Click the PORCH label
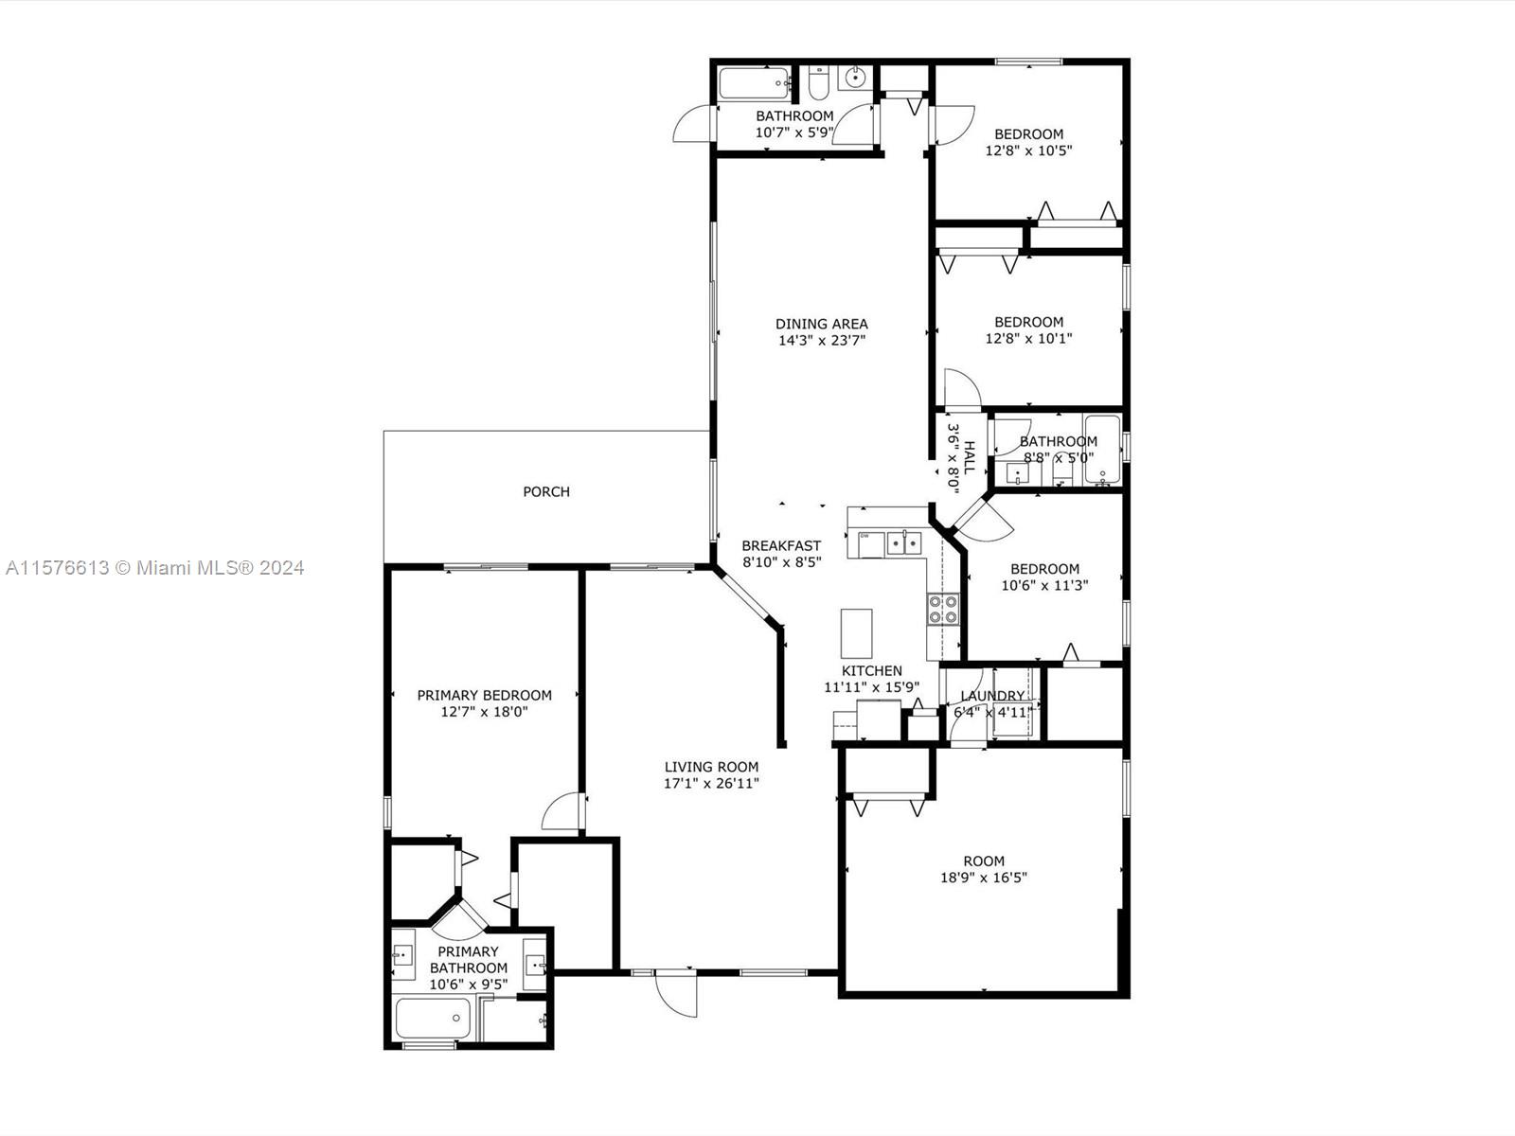(546, 491)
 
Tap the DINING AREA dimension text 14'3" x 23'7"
(821, 340)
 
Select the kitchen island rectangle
(856, 633)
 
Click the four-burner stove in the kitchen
(943, 610)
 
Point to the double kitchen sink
(903, 543)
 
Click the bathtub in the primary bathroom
(433, 1018)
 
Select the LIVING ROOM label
(711, 766)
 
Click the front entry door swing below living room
(676, 993)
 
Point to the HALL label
(969, 457)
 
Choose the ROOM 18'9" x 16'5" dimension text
(984, 878)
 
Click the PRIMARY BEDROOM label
(484, 695)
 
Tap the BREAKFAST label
(781, 545)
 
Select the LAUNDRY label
(992, 695)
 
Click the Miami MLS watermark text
(154, 568)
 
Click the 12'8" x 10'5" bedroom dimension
(1028, 151)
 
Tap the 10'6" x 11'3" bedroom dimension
(1044, 585)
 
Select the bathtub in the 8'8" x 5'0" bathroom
(1101, 449)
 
